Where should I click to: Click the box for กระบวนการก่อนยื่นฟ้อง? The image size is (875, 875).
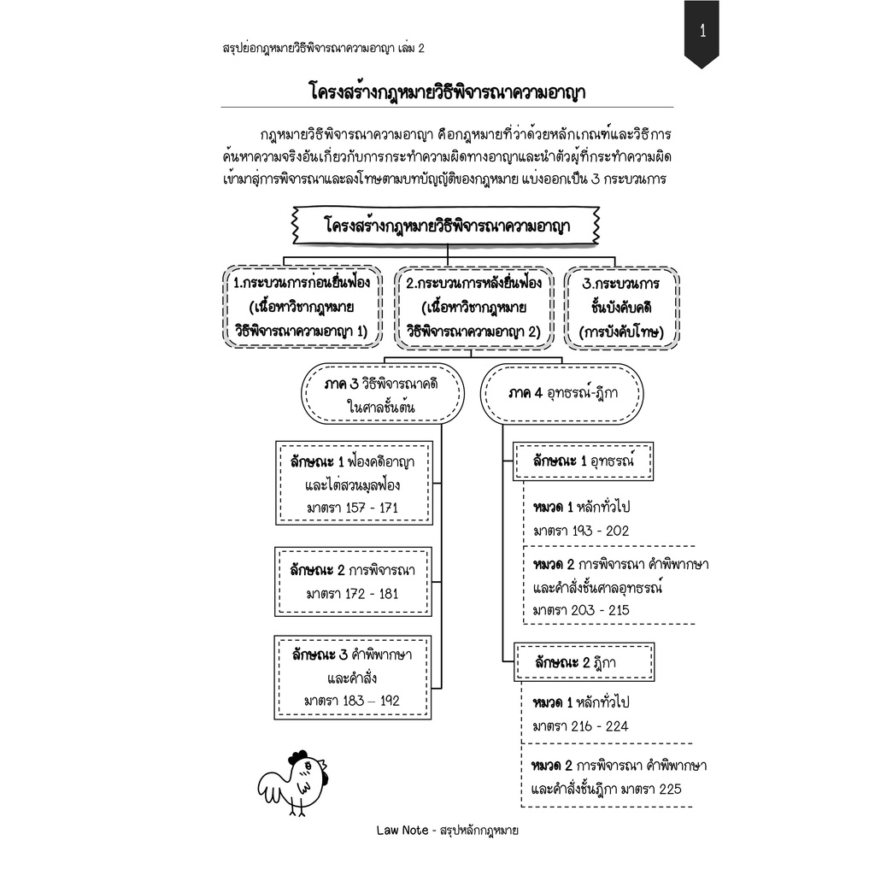pyautogui.click(x=305, y=308)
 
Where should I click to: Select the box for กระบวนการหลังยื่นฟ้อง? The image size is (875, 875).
pyautogui.click(x=473, y=308)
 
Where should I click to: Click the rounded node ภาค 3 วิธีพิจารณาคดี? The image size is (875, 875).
pyautogui.click(x=382, y=396)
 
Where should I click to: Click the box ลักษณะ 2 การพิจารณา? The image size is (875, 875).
pyautogui.click(x=354, y=581)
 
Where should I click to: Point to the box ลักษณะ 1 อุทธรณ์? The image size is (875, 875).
pyautogui.click(x=583, y=461)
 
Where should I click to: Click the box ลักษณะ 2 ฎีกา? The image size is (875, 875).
pyautogui.click(x=583, y=662)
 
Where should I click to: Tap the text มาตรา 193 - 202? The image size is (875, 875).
pyautogui.click(x=581, y=531)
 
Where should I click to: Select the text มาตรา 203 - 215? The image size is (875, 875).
pyautogui.click(x=581, y=610)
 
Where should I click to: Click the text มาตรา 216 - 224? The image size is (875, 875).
pyautogui.click(x=581, y=726)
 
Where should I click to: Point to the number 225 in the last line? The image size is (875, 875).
pyautogui.click(x=670, y=789)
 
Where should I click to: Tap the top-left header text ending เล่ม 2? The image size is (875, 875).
pyautogui.click(x=323, y=49)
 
